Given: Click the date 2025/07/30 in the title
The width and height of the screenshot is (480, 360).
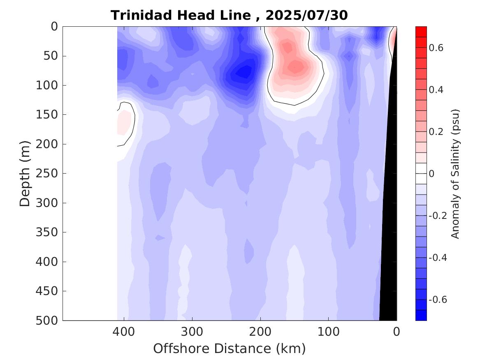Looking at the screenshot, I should pos(306,16).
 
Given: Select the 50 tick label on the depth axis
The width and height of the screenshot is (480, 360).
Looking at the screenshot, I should pos(52,56).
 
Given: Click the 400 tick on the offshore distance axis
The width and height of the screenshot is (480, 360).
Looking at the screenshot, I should pos(124,331).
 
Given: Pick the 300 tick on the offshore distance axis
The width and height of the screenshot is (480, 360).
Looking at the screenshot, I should pos(191,331).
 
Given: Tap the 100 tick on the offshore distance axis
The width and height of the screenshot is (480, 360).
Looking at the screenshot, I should pos(329,331).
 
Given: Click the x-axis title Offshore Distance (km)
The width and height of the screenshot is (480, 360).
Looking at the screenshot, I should pos(230,348).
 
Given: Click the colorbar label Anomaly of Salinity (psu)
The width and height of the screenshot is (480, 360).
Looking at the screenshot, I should pos(455,174).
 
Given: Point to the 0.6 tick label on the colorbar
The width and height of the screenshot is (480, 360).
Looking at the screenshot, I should pos(436,48).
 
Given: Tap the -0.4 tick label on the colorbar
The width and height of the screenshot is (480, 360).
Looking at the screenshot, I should pos(438,258).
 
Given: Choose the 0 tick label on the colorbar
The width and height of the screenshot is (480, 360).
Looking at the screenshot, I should pos(431,174).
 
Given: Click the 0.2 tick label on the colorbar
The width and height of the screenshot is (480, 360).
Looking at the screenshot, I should pos(436,132).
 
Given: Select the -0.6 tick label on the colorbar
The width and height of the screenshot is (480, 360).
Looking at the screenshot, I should pos(438,300).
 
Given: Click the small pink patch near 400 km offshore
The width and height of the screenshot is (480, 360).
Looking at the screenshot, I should pos(124,121).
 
